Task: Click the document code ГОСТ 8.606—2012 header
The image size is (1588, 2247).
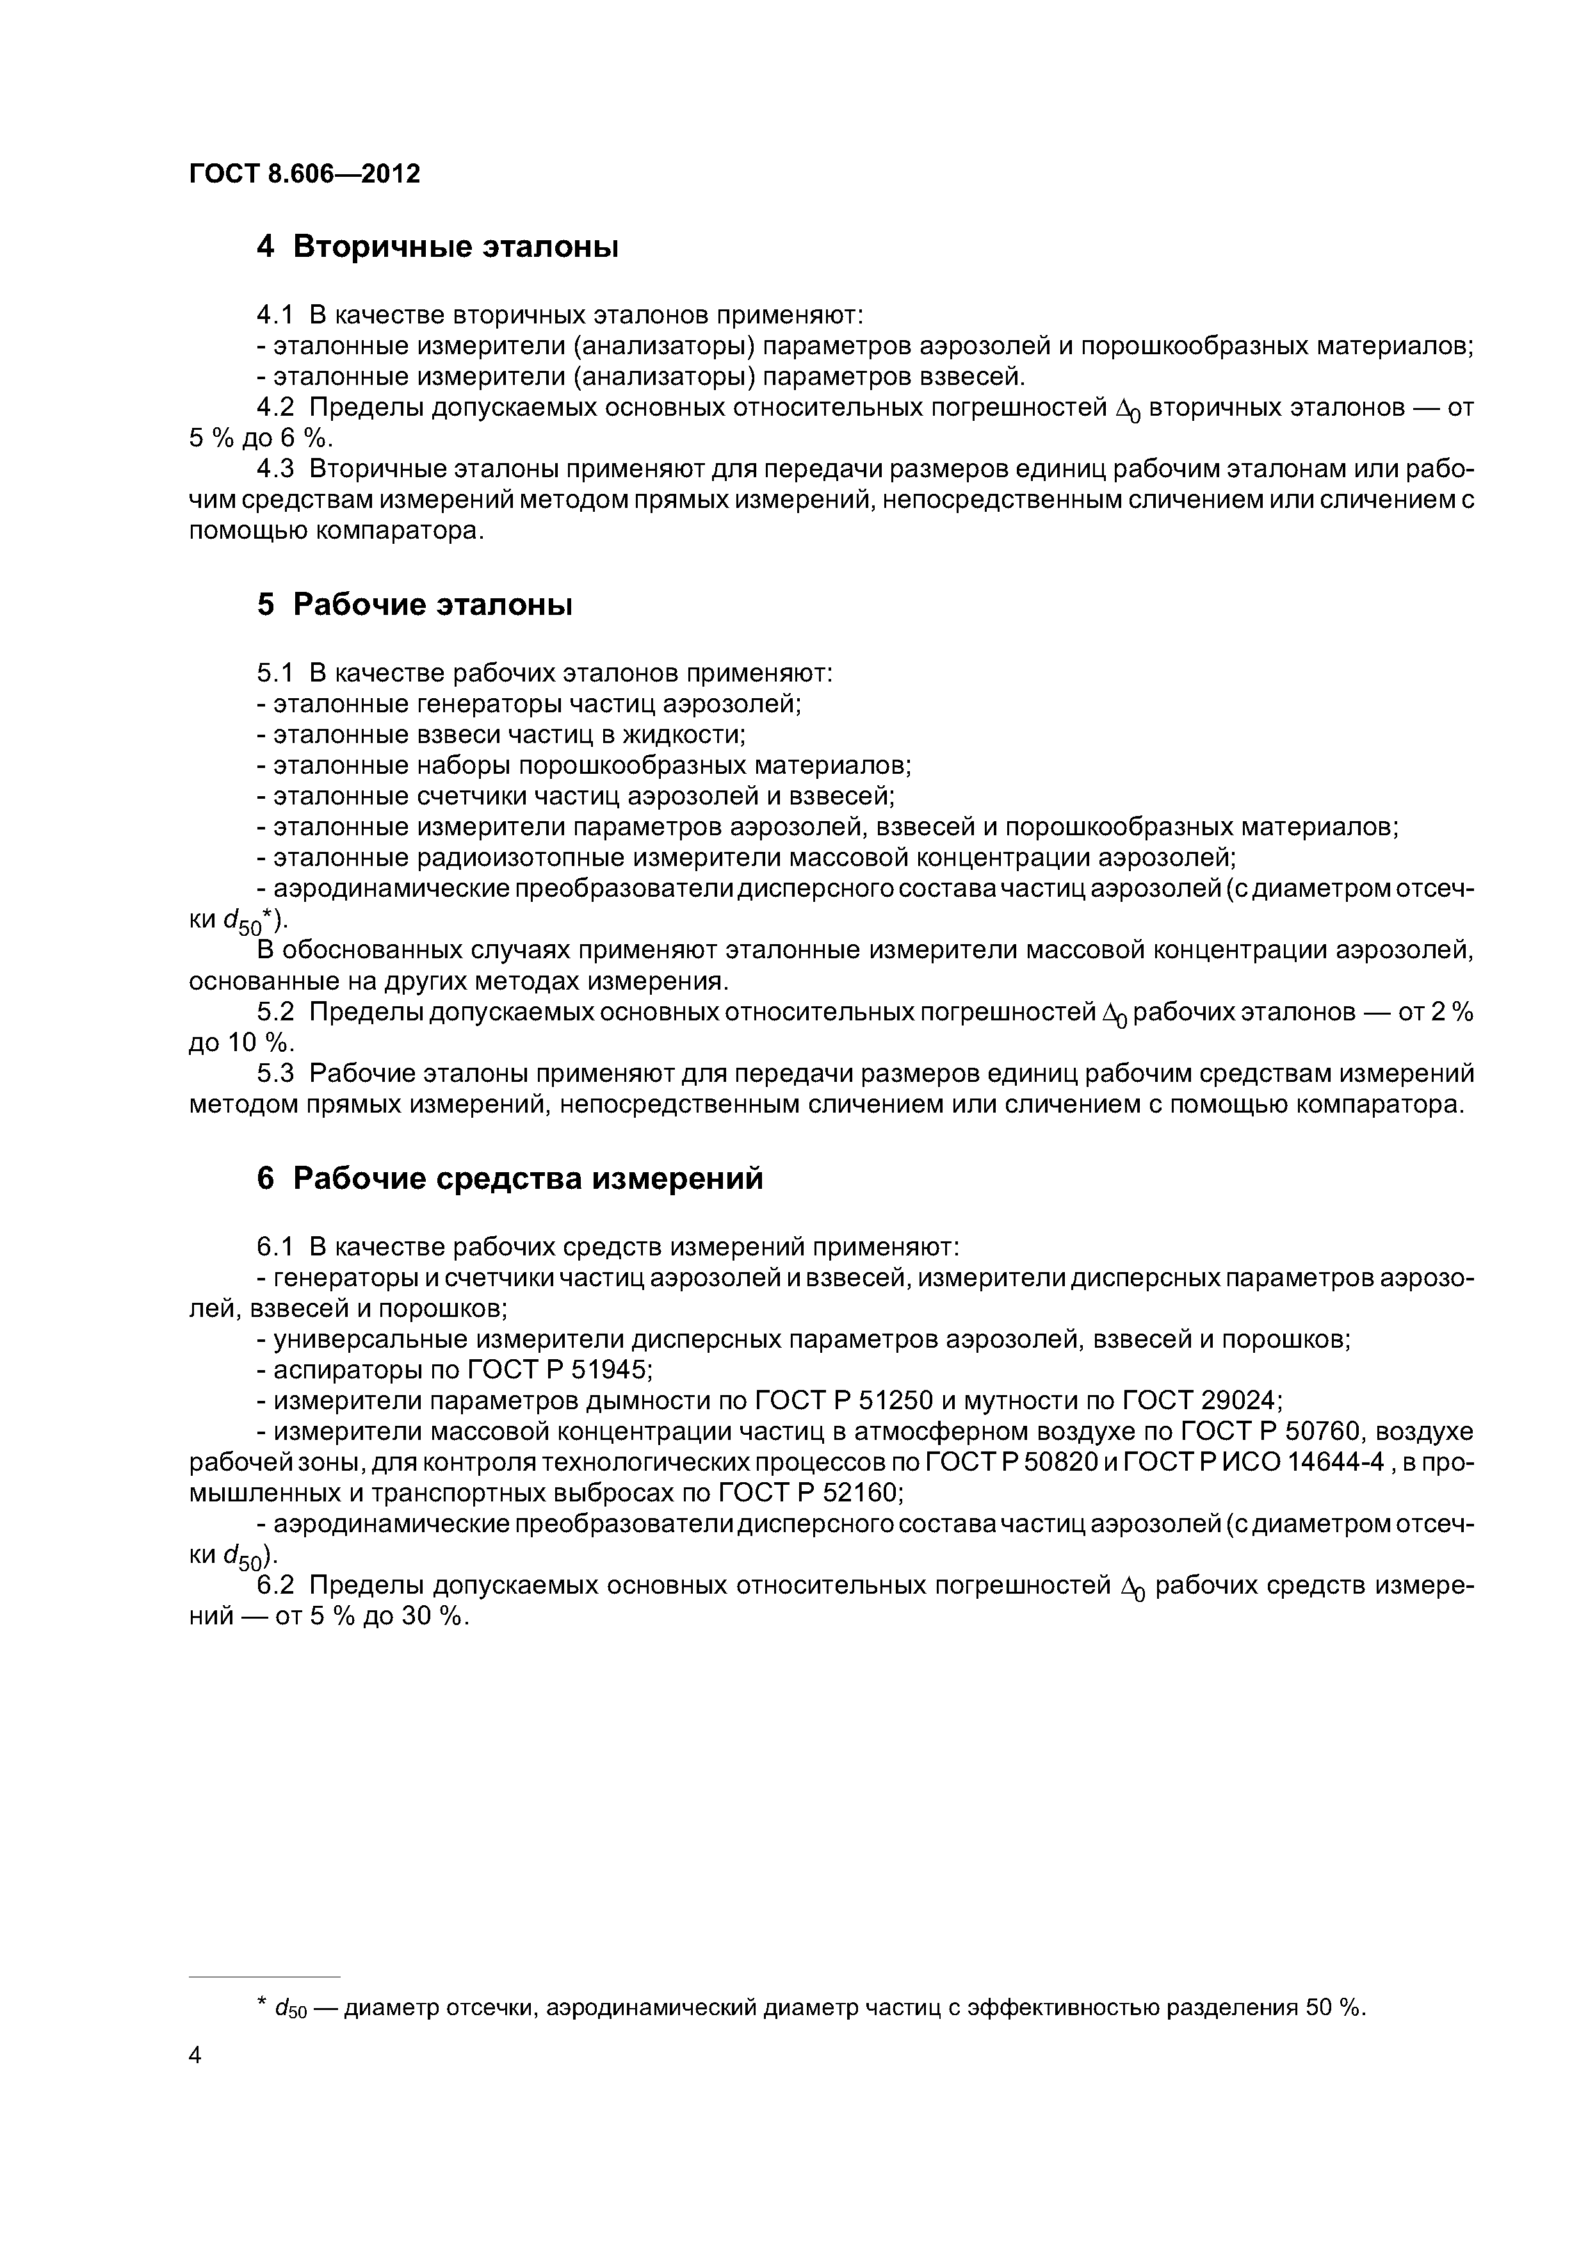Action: pos(304,174)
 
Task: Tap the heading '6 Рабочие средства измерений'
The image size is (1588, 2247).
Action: pos(510,1179)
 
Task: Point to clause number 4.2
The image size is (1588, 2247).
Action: pos(274,407)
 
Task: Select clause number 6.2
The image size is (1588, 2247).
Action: pos(274,1585)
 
